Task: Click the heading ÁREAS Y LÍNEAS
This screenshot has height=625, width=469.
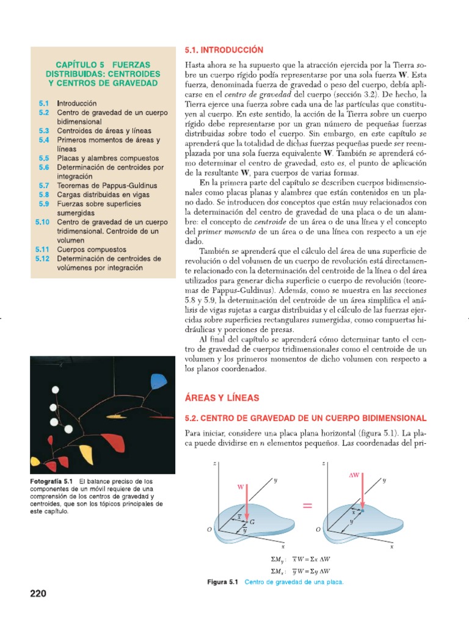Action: pyautogui.click(x=222, y=397)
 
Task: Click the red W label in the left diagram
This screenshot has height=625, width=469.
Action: pyautogui.click(x=241, y=487)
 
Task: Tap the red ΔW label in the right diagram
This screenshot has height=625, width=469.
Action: pyautogui.click(x=354, y=474)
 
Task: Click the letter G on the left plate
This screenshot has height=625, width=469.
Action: pyautogui.click(x=252, y=522)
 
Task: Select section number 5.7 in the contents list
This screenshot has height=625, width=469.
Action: pyautogui.click(x=43, y=185)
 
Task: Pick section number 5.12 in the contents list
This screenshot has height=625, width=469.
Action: pyautogui.click(x=42, y=258)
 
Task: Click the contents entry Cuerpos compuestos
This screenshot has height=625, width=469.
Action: pyautogui.click(x=92, y=249)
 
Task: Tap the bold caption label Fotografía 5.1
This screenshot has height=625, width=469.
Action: pyautogui.click(x=51, y=482)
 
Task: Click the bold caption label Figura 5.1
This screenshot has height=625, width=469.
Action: pyautogui.click(x=224, y=582)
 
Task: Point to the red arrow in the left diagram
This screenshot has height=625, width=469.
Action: pyautogui.click(x=247, y=503)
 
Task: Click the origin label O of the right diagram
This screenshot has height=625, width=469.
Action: pyautogui.click(x=318, y=530)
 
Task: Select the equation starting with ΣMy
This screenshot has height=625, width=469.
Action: pyautogui.click(x=303, y=558)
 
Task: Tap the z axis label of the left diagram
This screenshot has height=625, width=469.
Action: pyautogui.click(x=215, y=464)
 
